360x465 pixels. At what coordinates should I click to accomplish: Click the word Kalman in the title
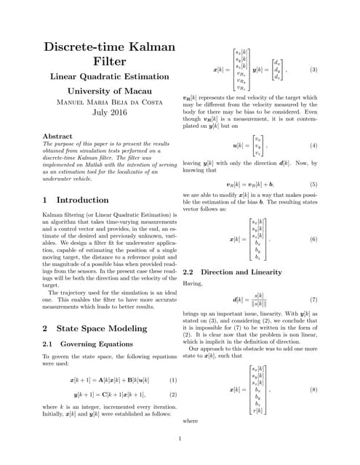point(149,46)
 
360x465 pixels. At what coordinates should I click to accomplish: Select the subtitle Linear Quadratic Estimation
point(108,76)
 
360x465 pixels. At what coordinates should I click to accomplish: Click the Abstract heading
point(57,136)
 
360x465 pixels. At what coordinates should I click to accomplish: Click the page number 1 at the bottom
point(180,438)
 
